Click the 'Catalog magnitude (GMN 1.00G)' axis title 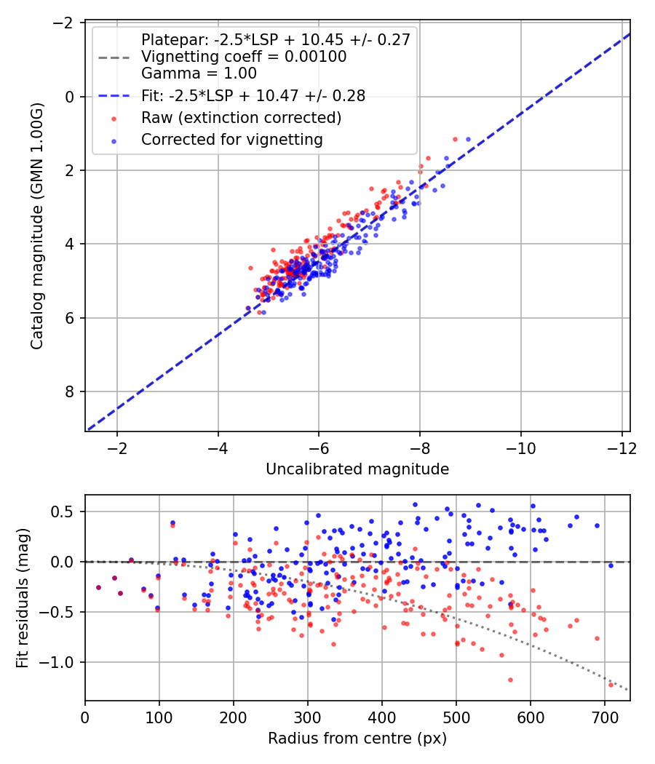tap(37, 226)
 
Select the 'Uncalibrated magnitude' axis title tap(357, 469)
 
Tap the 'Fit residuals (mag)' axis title tap(23, 598)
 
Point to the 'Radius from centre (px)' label tap(357, 739)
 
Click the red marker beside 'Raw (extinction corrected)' tap(114, 119)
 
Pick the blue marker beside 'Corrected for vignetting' tap(114, 140)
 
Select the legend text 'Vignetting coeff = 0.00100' tap(244, 57)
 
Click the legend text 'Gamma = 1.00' tap(199, 73)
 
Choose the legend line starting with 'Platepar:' tap(276, 39)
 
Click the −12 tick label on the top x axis tap(622, 447)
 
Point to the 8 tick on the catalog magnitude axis tap(70, 391)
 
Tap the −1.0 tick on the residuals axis tap(57, 662)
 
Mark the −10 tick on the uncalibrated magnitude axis tap(521, 447)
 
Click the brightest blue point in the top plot tap(469, 140)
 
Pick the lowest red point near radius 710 tap(611, 685)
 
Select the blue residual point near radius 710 tap(611, 565)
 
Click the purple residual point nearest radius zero tap(98, 588)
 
